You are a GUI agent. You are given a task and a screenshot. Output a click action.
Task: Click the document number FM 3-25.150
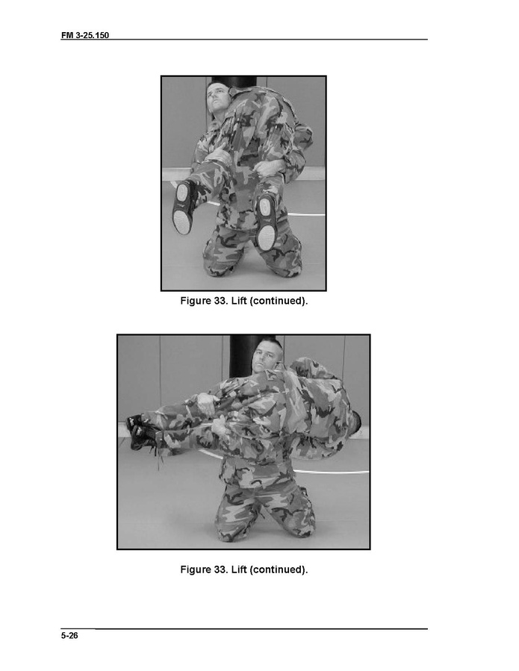click(x=85, y=35)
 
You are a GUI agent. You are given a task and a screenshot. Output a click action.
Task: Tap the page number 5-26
click(x=69, y=635)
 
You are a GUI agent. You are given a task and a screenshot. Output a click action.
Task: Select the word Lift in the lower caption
click(x=239, y=569)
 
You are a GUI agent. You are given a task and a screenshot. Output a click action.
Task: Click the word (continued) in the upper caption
click(x=279, y=301)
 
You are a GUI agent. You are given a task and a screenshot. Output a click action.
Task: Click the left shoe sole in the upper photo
click(x=183, y=207)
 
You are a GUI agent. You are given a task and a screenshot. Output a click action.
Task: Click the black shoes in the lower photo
click(x=140, y=431)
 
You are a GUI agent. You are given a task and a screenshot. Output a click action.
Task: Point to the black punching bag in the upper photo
click(x=234, y=82)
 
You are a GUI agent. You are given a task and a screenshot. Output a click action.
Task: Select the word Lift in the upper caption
click(x=239, y=301)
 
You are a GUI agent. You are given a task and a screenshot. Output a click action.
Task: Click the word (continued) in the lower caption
click(x=279, y=569)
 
